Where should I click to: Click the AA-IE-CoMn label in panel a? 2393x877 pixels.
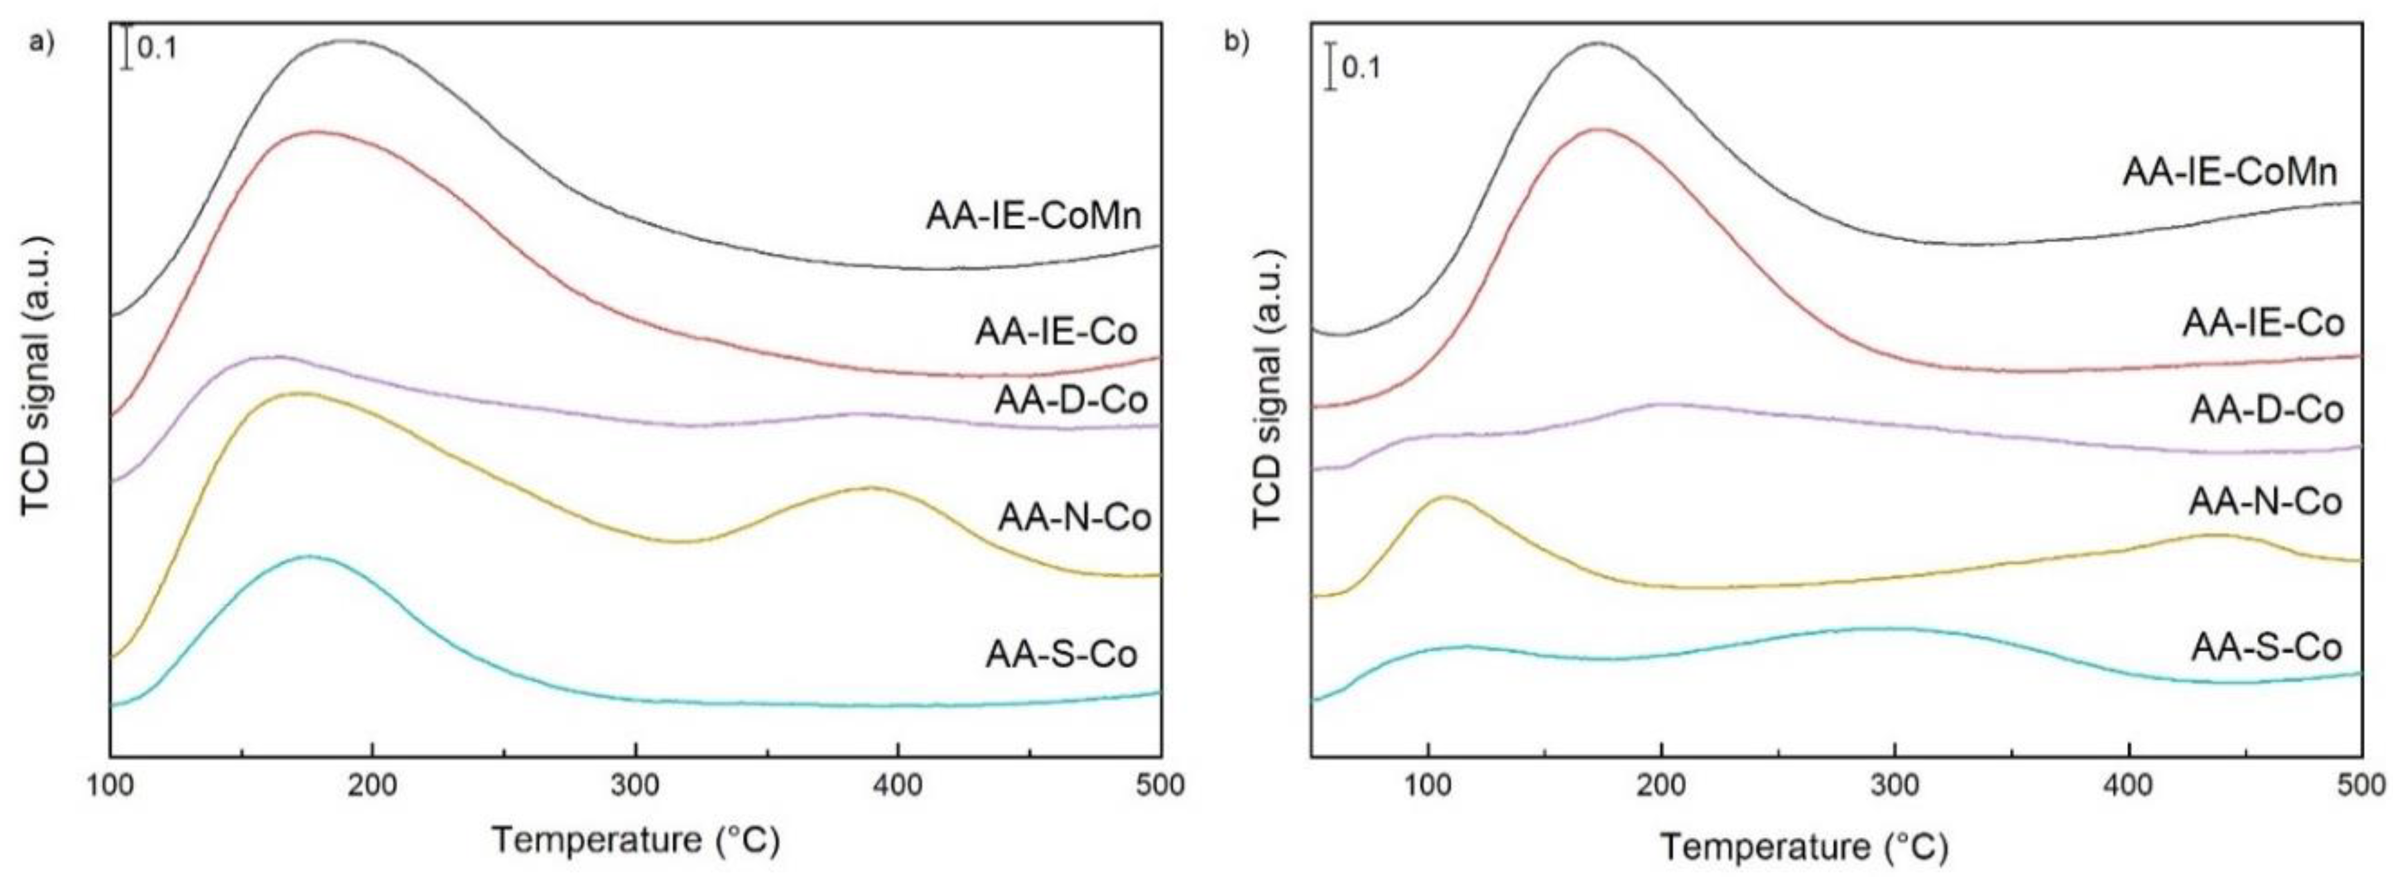pyautogui.click(x=1033, y=216)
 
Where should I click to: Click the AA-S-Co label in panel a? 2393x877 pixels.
pyautogui.click(x=1061, y=654)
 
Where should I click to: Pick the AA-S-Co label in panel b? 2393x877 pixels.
pyautogui.click(x=2263, y=647)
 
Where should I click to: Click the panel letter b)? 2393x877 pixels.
pyautogui.click(x=1236, y=42)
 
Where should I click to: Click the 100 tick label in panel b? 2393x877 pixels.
pyautogui.click(x=1428, y=786)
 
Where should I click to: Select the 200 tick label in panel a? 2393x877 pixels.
pyautogui.click(x=372, y=786)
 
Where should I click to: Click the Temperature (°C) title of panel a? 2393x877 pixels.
pyautogui.click(x=636, y=841)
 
